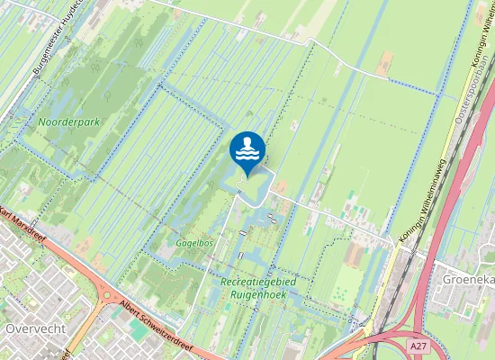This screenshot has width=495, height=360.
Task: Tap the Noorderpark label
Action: [69, 121]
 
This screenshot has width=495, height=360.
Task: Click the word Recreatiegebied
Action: [259, 282]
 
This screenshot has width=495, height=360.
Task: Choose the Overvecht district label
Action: [35, 328]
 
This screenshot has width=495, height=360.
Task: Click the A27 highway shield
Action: [417, 345]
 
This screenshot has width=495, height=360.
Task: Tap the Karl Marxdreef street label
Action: [27, 224]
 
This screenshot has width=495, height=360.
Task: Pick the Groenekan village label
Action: [469, 279]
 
